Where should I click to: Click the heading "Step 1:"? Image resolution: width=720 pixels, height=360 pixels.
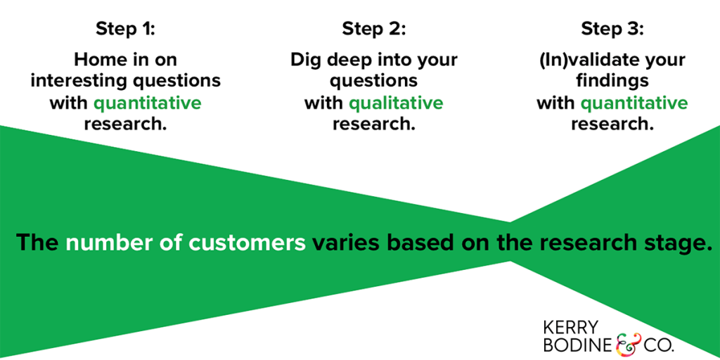(x=125, y=30)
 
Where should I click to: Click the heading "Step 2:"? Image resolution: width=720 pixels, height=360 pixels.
(x=374, y=30)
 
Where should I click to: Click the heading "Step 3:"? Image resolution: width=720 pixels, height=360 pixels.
(x=612, y=30)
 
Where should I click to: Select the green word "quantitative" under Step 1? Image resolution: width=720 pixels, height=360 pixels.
(x=148, y=103)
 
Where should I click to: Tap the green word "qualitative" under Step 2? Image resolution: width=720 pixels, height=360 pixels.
(x=396, y=103)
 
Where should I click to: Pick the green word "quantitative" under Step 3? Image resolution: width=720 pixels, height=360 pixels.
(x=634, y=103)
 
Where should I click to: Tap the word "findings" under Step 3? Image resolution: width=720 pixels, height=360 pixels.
(x=612, y=82)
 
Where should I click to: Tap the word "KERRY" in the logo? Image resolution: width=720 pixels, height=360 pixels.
(x=571, y=328)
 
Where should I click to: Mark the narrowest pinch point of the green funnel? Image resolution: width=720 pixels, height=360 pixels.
(x=510, y=242)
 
